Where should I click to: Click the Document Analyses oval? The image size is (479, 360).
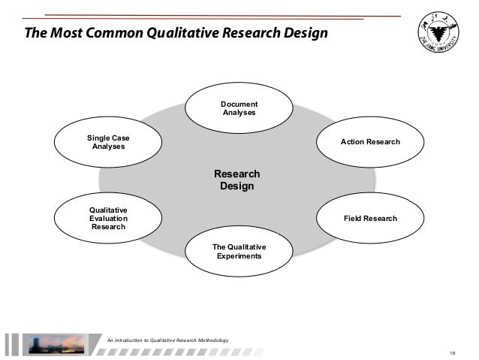[x=239, y=108]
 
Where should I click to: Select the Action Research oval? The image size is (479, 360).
[x=370, y=142]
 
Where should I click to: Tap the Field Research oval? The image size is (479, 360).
[x=370, y=218]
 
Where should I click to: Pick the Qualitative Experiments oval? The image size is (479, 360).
[x=239, y=252]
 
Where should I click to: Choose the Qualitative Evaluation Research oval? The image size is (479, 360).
[x=108, y=218]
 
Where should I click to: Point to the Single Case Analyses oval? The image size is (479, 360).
[x=108, y=142]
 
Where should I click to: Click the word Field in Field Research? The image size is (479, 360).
[x=353, y=218]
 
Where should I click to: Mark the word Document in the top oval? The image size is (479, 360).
[x=239, y=104]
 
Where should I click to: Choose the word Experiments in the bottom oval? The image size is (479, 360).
[x=239, y=256]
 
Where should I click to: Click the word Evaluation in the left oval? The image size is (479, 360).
[x=108, y=218]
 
